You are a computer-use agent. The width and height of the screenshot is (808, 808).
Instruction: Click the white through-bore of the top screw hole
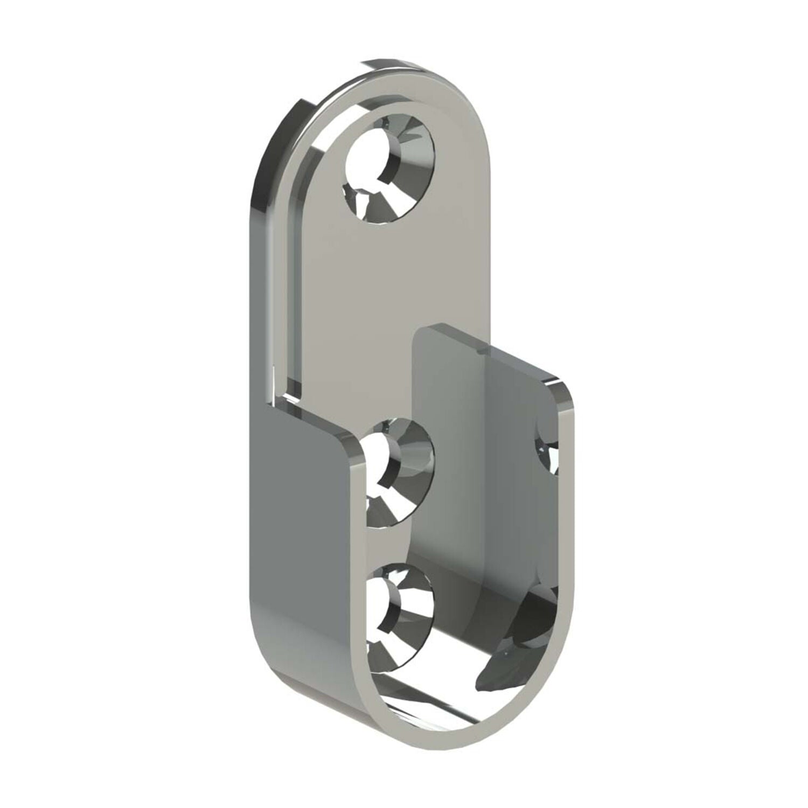point(366,162)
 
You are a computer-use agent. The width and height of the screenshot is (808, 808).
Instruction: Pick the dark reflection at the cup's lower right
point(517,641)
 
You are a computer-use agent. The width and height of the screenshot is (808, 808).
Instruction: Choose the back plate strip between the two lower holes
point(399,544)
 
